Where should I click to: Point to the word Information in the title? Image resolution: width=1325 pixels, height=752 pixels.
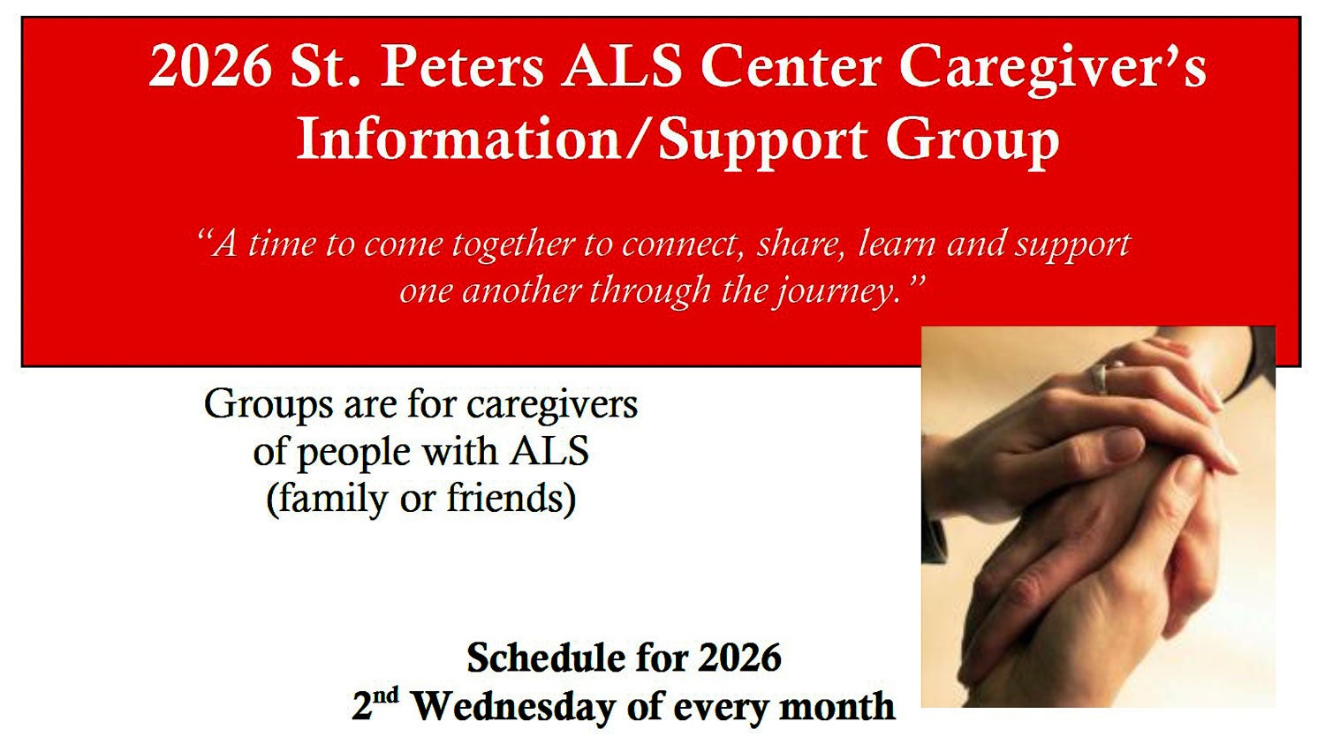coord(458,139)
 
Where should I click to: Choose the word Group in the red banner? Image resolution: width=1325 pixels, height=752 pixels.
coord(972,142)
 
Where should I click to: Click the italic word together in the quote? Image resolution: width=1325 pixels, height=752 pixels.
coord(513,245)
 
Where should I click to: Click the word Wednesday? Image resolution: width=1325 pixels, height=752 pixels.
coord(514,706)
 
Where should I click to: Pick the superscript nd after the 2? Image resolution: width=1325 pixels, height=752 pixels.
coord(386,696)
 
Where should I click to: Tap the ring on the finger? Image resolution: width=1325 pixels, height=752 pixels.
coord(1099,379)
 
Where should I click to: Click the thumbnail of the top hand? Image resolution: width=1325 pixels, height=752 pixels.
coord(1124,445)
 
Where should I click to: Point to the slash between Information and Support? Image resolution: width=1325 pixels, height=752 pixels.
coord(639,139)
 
